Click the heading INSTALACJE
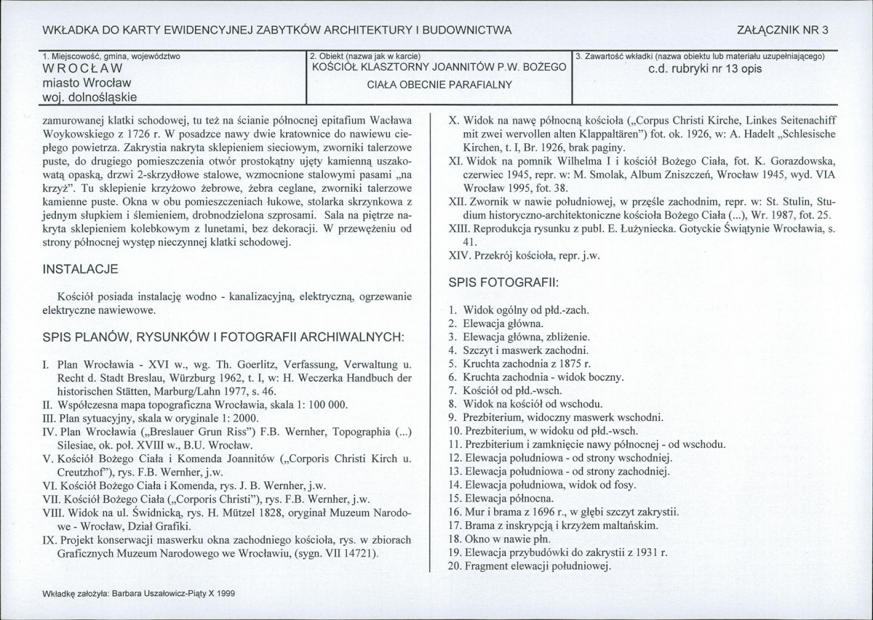coord(80,269)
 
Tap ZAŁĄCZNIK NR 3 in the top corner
coord(783,30)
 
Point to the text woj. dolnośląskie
coord(89,96)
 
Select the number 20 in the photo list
coord(455,566)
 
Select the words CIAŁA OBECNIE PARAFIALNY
coord(439,84)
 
